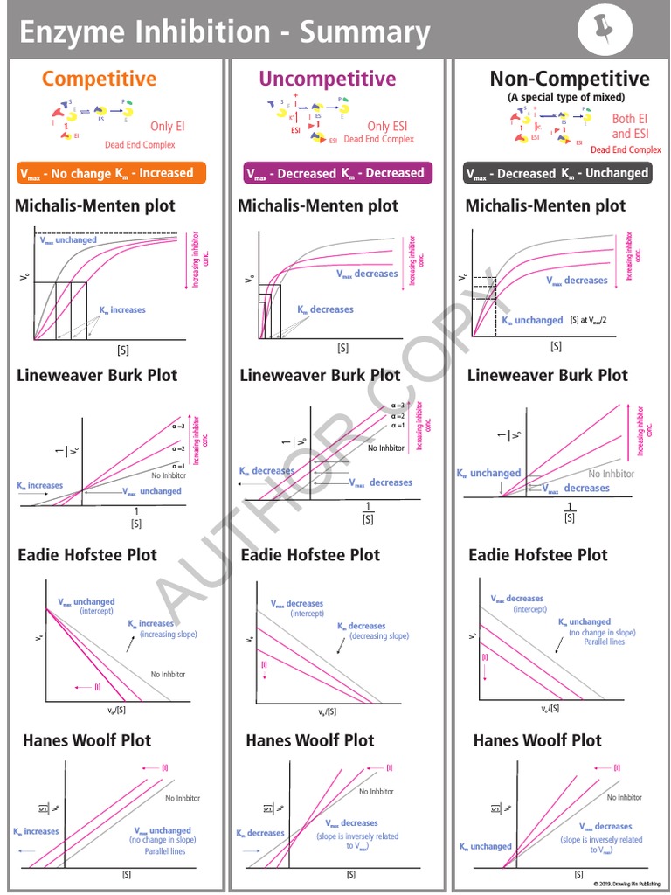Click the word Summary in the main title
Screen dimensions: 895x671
click(x=365, y=32)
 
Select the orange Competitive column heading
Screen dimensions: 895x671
click(x=100, y=79)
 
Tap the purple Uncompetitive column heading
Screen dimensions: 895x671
click(x=327, y=79)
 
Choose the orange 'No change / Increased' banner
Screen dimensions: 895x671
click(x=111, y=173)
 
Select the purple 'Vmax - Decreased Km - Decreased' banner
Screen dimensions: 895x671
click(x=337, y=173)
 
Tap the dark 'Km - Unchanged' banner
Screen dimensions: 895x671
click(x=557, y=173)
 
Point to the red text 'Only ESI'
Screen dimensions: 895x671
click(x=391, y=126)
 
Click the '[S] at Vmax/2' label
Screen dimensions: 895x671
click(x=592, y=321)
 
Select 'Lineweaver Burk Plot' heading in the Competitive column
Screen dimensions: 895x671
click(x=97, y=375)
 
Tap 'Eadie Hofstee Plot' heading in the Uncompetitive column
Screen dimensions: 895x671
click(x=310, y=555)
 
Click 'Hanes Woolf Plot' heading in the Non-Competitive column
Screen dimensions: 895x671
click(x=537, y=740)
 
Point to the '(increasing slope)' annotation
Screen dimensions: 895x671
click(x=168, y=635)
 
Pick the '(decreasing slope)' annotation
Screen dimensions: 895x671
click(x=379, y=636)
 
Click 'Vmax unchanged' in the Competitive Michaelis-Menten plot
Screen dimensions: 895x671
click(x=69, y=240)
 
